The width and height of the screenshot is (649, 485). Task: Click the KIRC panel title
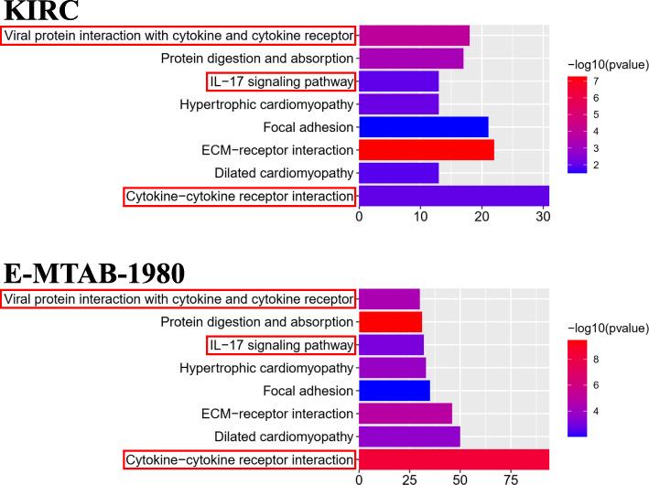coord(40,12)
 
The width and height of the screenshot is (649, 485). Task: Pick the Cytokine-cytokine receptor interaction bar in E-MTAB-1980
coord(453,459)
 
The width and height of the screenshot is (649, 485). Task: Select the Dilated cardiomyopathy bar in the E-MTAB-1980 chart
coord(408,436)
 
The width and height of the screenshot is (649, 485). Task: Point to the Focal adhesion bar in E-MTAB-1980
coord(394,391)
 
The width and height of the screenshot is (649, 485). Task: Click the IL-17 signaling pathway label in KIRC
coord(280,81)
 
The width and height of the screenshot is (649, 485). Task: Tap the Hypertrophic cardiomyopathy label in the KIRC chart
coord(265,104)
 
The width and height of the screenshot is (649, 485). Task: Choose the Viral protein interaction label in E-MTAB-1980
coord(178,299)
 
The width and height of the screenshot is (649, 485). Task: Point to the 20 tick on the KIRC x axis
coord(481,217)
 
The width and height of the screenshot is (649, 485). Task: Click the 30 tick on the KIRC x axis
coord(543,217)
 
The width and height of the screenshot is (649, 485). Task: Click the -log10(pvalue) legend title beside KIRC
coord(608,63)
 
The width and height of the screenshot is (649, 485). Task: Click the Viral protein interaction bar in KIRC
coord(414,36)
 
